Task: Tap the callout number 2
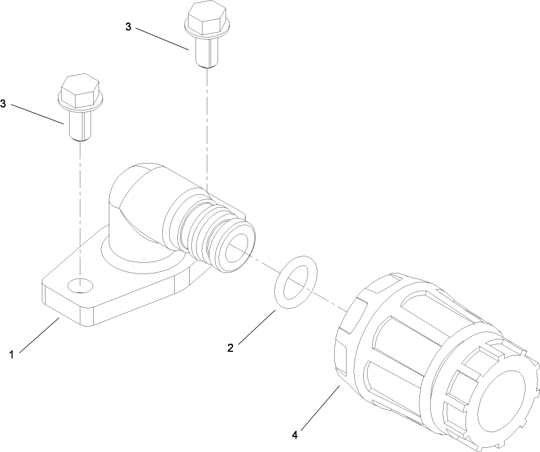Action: pos(230,348)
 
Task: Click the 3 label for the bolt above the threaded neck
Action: pos(128,27)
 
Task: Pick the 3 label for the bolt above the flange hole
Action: pos(3,104)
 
